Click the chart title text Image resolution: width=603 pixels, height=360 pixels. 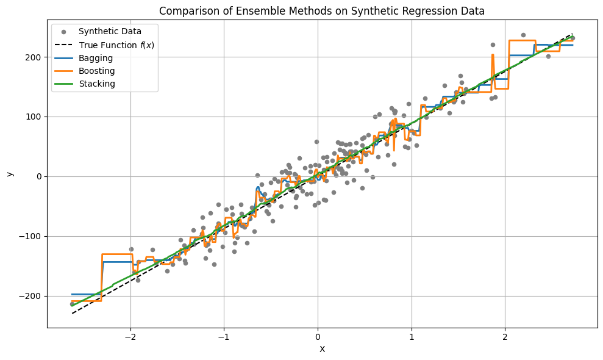coord(322,10)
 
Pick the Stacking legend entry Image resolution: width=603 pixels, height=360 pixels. coord(97,84)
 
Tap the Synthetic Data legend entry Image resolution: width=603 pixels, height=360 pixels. coord(110,31)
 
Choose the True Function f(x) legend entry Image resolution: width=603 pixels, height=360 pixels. coord(118,45)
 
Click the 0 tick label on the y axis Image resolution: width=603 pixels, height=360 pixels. coord(40,176)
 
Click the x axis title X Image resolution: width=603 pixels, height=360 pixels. coord(322,350)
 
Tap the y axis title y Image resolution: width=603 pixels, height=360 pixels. coord(10,174)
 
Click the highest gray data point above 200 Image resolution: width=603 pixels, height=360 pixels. coord(523,35)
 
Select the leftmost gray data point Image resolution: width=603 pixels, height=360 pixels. coord(72,304)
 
